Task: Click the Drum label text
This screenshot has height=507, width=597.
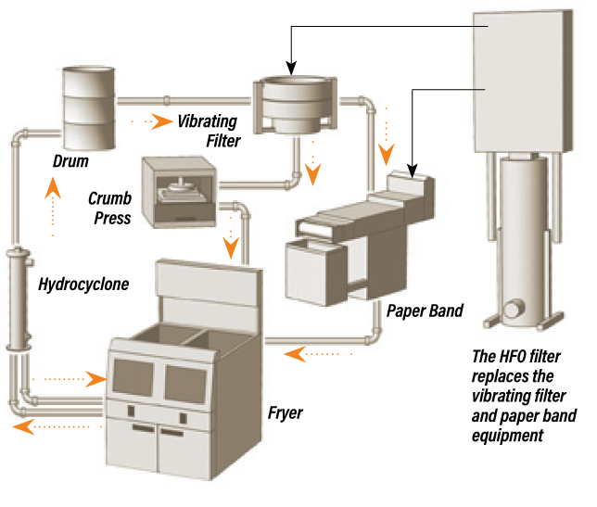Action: coord(70,161)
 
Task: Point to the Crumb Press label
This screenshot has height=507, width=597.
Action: coord(109,208)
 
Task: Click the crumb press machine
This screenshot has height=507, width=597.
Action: coord(180,191)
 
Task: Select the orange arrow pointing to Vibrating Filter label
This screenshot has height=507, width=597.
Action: coord(162,120)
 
